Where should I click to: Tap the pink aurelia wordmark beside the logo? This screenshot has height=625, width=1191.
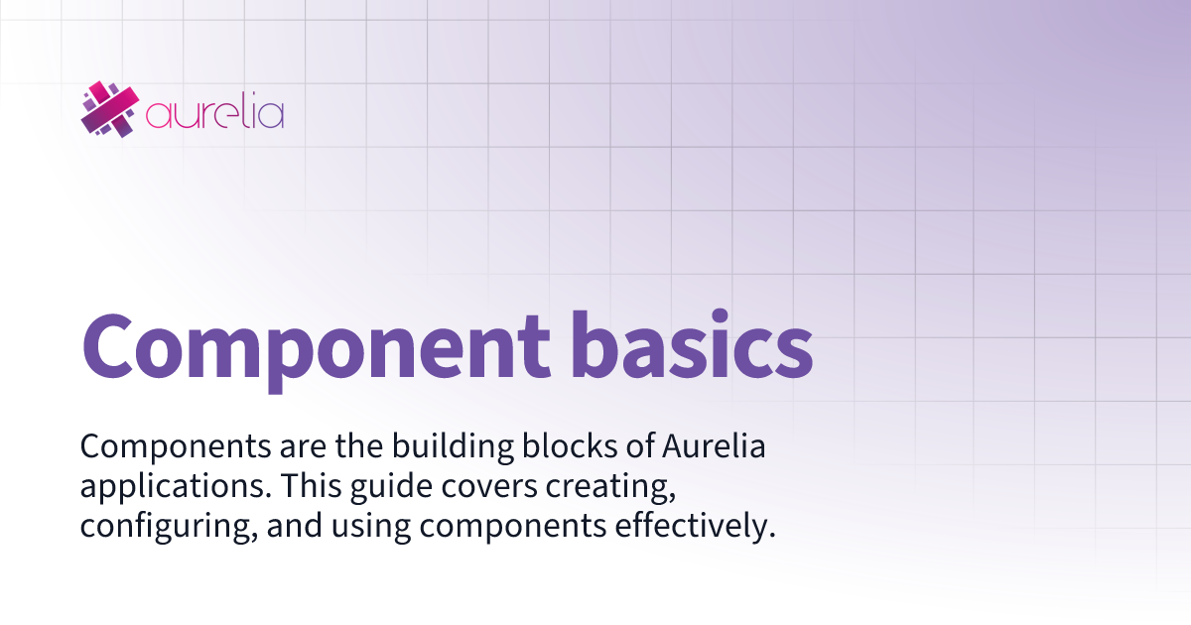coord(214,113)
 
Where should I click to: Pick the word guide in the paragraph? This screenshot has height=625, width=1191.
coord(371,489)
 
